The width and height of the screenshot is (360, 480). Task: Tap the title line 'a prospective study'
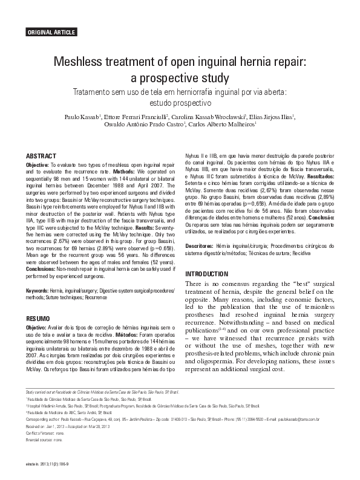tap(180, 78)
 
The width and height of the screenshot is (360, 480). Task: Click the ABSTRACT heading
tap(41, 156)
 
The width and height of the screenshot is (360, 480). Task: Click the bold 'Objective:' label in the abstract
tap(39, 165)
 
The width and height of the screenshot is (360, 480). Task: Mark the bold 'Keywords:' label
tap(37, 291)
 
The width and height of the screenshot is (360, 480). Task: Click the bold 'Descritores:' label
tap(199, 247)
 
